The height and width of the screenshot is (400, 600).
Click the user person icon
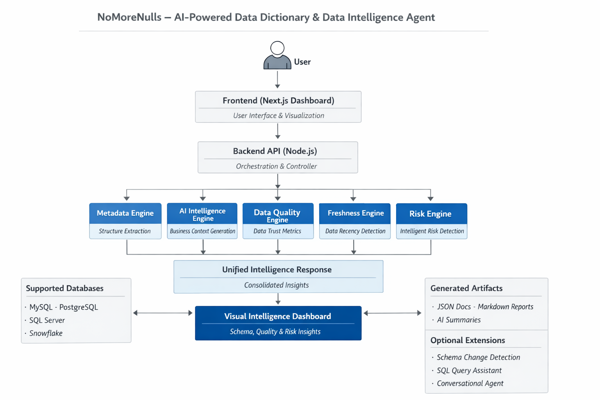point(277,56)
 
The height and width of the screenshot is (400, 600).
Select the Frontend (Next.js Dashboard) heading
point(278,101)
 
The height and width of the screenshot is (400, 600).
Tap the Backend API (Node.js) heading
point(275,151)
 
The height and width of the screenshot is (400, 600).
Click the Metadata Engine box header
point(125,213)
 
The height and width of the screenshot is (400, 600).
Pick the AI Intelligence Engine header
point(202,214)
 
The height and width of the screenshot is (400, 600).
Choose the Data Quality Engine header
point(277,214)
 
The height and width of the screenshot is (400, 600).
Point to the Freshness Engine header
point(355,213)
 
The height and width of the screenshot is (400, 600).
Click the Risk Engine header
point(430,214)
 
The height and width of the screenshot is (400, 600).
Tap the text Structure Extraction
point(125,231)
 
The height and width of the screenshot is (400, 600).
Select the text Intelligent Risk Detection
point(432,231)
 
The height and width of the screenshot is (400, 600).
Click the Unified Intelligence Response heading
point(277,270)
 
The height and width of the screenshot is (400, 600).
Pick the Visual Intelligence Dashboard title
point(277,316)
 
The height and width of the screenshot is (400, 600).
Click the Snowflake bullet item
point(46,333)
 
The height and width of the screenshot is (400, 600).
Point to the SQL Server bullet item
point(47,320)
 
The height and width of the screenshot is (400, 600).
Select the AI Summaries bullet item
point(459,320)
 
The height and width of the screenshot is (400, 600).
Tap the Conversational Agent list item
point(470,384)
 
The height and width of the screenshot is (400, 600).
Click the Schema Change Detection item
point(478,357)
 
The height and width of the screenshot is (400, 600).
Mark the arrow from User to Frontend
point(277,80)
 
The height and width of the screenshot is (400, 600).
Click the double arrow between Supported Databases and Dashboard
point(163,313)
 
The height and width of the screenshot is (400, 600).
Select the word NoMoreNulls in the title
point(129,18)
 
